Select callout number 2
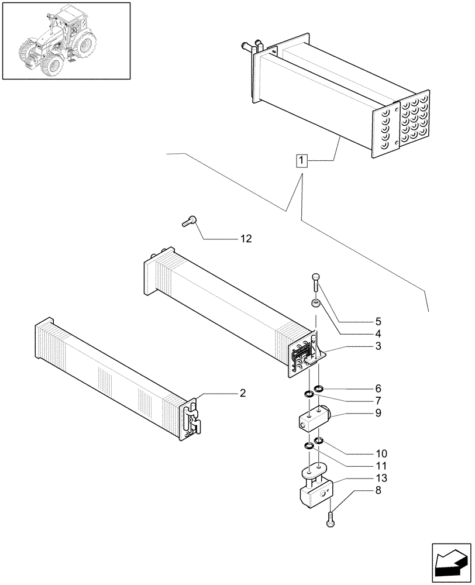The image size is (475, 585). click(x=242, y=393)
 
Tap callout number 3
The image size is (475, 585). click(x=378, y=346)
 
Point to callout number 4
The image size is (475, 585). click(x=378, y=333)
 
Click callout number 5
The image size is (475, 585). click(x=378, y=321)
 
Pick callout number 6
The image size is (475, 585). click(x=378, y=388)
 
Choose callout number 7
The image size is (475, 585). click(x=378, y=401)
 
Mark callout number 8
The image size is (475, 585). click(x=378, y=490)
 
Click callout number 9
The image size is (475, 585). click(x=378, y=413)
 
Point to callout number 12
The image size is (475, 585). click(x=246, y=239)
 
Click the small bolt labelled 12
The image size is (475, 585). click(x=190, y=221)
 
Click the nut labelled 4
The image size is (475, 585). click(x=315, y=304)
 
